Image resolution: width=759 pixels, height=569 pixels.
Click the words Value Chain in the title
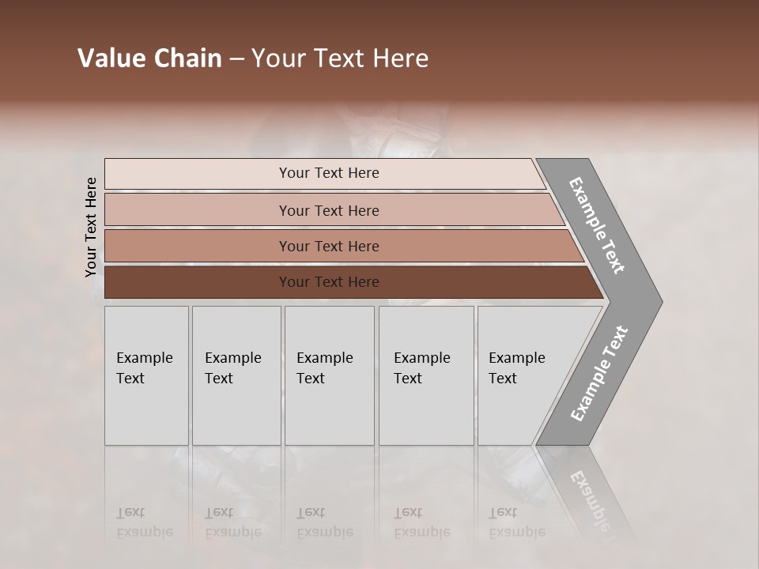149,58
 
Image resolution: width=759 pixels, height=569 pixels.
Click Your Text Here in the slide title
340,58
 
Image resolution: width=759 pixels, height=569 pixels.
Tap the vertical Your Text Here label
91,227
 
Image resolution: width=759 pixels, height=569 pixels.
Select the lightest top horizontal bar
198,174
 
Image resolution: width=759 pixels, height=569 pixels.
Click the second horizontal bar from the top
198,209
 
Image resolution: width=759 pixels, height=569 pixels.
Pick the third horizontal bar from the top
198,246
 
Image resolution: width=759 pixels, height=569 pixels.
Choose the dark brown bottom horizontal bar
198,282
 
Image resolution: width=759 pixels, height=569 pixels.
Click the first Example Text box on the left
146,375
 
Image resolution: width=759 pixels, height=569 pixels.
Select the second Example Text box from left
236,375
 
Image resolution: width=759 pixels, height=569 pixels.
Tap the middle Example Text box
329,375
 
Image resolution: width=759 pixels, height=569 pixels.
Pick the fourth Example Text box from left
425,375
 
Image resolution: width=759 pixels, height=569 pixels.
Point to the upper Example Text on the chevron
597,225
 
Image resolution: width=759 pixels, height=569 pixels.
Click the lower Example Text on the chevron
599,374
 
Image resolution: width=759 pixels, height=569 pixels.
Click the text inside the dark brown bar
329,282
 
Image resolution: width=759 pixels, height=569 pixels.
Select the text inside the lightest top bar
329,173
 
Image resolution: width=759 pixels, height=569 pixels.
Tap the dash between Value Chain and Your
236,59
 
